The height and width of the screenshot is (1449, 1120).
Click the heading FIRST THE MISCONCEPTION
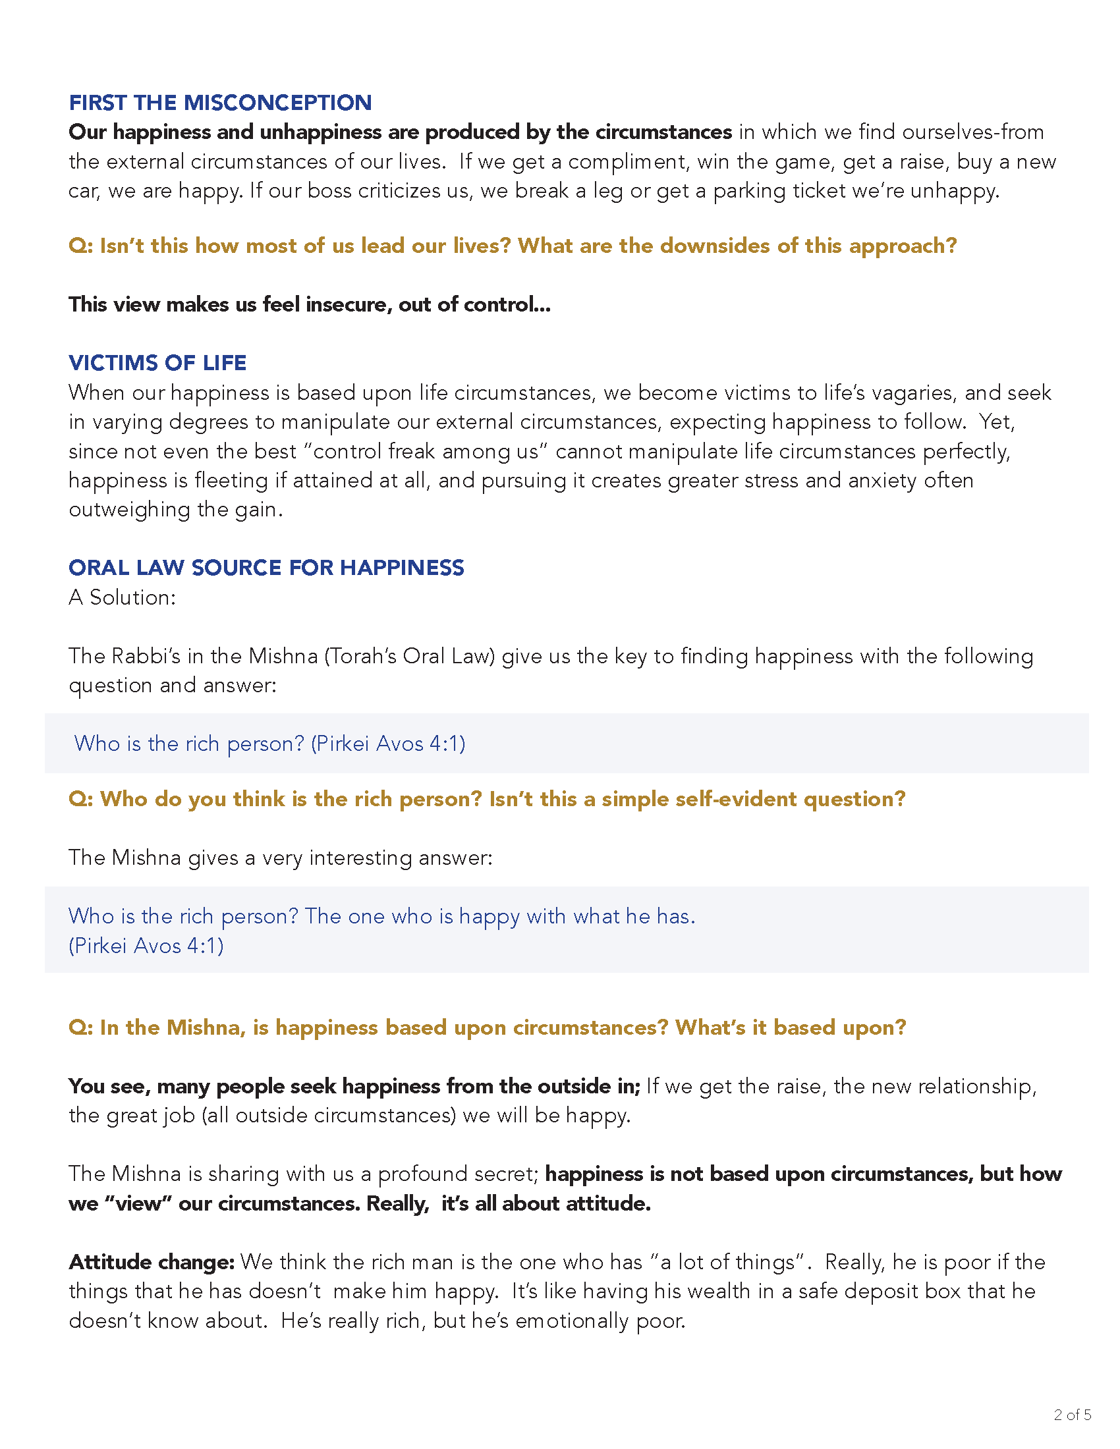pyautogui.click(x=219, y=103)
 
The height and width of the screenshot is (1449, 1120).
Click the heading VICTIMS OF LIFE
pyautogui.click(x=157, y=363)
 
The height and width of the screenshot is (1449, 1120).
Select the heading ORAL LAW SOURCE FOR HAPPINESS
pyautogui.click(x=266, y=568)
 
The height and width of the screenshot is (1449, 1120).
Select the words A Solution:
pyautogui.click(x=122, y=597)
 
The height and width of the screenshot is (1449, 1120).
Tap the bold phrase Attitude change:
pyautogui.click(x=152, y=1262)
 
